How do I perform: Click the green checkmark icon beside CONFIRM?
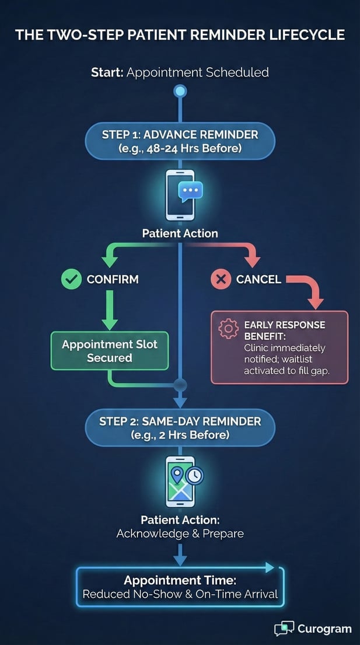pos(71,280)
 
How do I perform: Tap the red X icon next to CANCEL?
pos(221,280)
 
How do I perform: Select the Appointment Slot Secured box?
pos(110,351)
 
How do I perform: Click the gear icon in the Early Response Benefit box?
pos(228,330)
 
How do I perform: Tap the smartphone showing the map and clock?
pos(180,482)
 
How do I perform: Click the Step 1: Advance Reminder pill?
pos(180,141)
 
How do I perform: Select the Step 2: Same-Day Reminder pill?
pos(180,427)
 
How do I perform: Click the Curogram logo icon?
pos(284,629)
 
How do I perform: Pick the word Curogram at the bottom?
pos(324,629)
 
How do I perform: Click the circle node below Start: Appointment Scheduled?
pos(180,91)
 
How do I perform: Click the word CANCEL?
pos(258,280)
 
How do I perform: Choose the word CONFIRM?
pos(113,280)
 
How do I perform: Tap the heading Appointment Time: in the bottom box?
pos(180,581)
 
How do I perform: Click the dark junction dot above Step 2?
pos(180,385)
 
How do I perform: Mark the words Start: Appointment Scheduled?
pos(180,72)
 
